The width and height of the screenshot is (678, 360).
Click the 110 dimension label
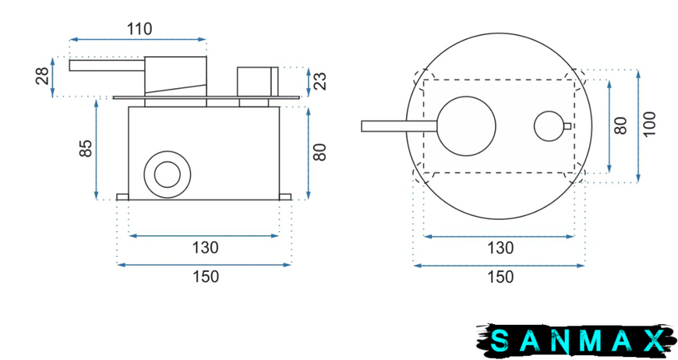click(139, 30)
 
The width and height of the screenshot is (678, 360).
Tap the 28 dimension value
click(43, 76)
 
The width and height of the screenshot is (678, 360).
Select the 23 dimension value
click(320, 81)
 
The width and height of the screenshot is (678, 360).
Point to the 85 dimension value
click(86, 148)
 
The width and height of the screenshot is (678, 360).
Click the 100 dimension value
click(649, 125)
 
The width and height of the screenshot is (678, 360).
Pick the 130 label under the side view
click(206, 248)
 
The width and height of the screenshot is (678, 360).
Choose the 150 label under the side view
click(206, 277)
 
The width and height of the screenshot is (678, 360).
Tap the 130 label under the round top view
click(500, 248)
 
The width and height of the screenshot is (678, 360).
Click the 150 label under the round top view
click(500, 277)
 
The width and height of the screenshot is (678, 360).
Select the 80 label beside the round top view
click(620, 125)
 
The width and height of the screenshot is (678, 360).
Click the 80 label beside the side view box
click(320, 152)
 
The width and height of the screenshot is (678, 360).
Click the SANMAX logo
click(577, 340)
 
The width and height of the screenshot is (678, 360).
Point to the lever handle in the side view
click(107, 65)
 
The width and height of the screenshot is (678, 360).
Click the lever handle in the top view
click(399, 125)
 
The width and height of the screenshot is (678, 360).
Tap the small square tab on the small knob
click(567, 126)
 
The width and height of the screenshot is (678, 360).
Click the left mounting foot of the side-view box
click(122, 197)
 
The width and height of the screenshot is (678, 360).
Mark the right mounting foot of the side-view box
click(285, 197)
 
